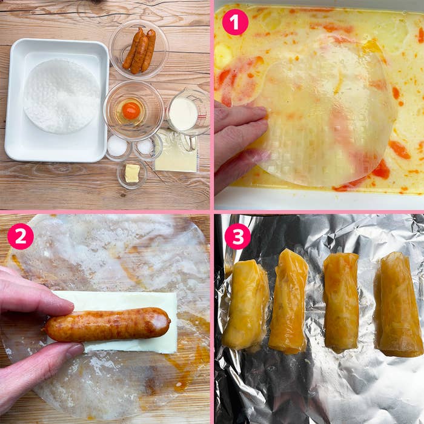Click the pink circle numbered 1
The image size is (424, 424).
[235, 22]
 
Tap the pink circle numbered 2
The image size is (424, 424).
[21, 236]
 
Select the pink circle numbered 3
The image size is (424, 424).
[237, 236]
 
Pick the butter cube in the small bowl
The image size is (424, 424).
[132, 173]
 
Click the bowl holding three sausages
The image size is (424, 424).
[139, 50]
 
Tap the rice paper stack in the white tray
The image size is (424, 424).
[62, 96]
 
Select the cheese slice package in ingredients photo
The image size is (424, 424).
[176, 151]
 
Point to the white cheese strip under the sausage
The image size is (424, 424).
[114, 322]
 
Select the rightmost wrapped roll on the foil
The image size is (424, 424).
[399, 304]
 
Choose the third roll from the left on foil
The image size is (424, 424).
[341, 303]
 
